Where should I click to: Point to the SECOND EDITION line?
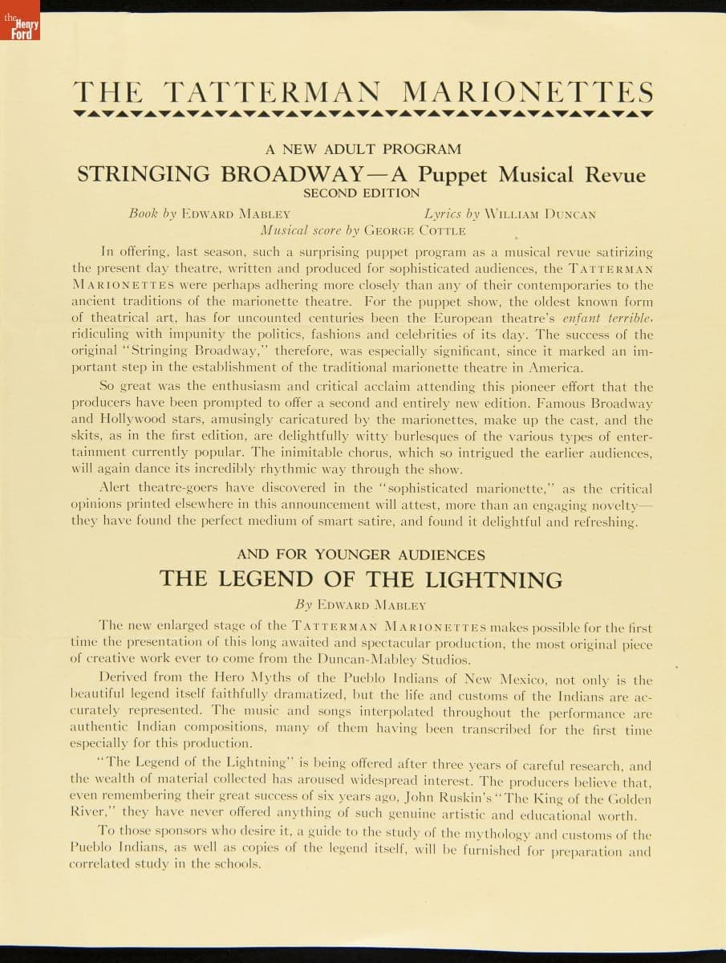point(362,193)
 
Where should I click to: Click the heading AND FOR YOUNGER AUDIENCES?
point(361,555)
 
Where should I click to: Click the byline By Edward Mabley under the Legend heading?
point(361,604)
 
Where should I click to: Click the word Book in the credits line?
point(144,214)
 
